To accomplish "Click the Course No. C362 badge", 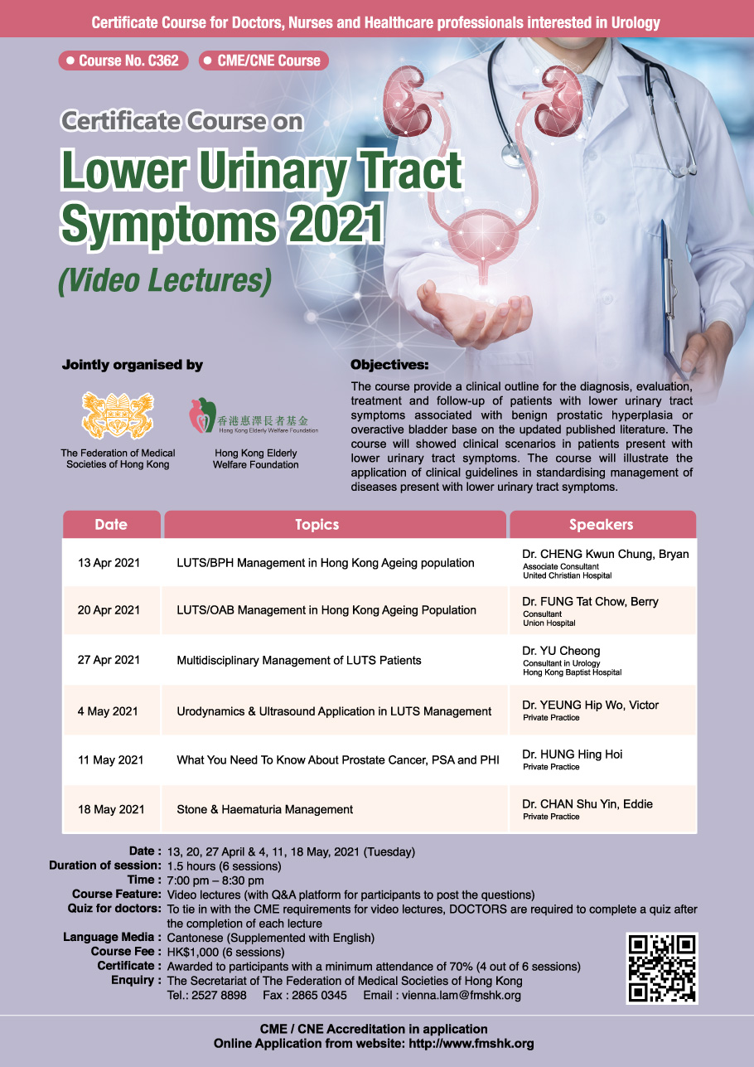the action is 123,61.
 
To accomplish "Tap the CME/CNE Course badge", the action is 263,61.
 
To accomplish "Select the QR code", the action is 662,968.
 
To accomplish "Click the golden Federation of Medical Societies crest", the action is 118,415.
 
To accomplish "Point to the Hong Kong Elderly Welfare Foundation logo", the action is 254,416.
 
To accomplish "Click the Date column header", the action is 111,525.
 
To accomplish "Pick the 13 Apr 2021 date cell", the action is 109,563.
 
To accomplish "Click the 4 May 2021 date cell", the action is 108,711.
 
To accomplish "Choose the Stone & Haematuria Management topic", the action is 264,809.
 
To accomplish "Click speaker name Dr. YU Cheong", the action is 561,651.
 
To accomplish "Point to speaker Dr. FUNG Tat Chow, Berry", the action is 590,602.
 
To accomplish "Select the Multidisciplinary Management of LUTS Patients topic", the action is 299,660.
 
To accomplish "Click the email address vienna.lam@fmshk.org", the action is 462,995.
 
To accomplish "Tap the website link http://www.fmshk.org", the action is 471,1044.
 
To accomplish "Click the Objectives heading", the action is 389,365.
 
